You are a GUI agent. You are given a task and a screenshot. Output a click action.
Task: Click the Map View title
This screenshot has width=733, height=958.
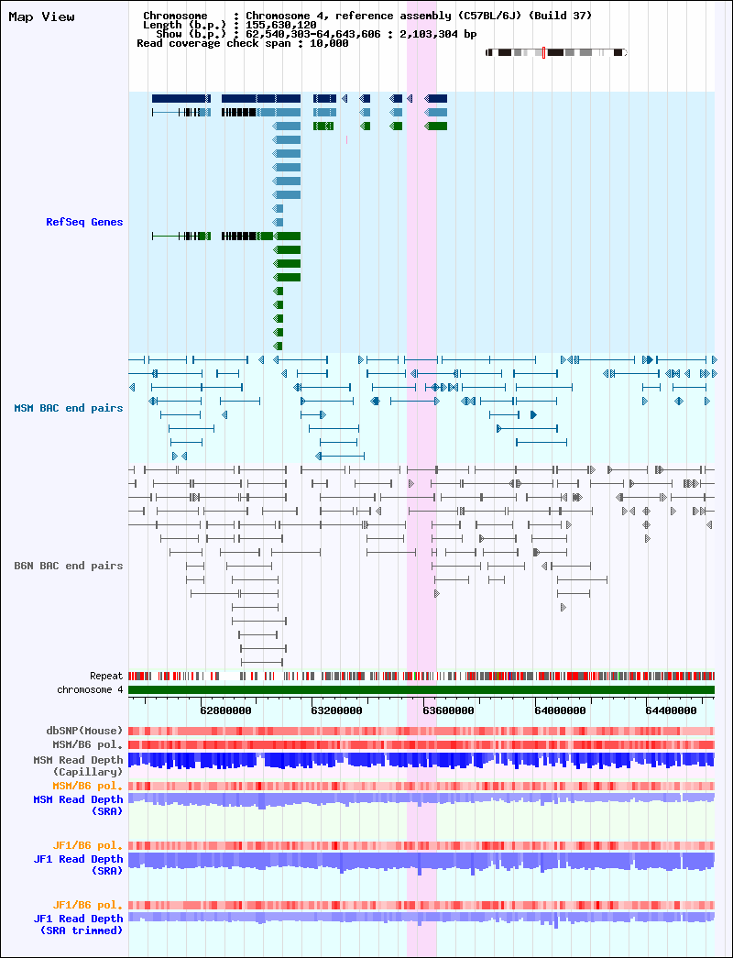[41, 17]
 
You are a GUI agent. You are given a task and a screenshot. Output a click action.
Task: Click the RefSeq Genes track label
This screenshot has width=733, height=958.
[84, 222]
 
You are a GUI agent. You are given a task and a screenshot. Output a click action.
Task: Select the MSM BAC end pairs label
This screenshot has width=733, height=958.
[69, 408]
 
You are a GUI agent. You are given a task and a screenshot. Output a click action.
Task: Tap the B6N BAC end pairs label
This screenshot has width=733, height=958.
[69, 566]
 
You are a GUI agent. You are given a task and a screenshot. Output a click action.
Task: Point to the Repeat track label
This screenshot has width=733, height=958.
[106, 677]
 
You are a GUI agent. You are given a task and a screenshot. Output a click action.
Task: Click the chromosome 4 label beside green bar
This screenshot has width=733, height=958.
[90, 689]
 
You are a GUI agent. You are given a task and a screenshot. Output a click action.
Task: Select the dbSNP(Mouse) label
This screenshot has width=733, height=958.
[84, 731]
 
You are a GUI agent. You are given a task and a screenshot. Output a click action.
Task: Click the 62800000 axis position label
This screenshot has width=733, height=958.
[225, 710]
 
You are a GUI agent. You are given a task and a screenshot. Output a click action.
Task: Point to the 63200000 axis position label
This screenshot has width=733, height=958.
[336, 710]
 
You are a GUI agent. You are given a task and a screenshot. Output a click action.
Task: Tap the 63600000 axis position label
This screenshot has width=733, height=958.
[448, 710]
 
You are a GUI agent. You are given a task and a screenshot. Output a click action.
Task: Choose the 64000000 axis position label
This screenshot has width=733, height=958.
[560, 710]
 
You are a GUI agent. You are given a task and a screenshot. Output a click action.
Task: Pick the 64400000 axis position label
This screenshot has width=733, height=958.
[672, 710]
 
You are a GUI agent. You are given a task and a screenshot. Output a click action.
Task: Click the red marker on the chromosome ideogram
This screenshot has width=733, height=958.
[543, 53]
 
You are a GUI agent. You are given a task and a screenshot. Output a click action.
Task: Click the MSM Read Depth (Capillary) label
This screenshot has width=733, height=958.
[78, 766]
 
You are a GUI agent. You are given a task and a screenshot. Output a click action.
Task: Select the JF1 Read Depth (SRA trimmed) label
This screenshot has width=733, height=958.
[78, 924]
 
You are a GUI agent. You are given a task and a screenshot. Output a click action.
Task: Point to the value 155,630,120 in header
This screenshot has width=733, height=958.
[281, 25]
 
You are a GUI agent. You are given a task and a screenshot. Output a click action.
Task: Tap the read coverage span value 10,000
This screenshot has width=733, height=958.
[332, 43]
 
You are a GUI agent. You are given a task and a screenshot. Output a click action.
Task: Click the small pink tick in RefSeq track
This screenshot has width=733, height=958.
[346, 140]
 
